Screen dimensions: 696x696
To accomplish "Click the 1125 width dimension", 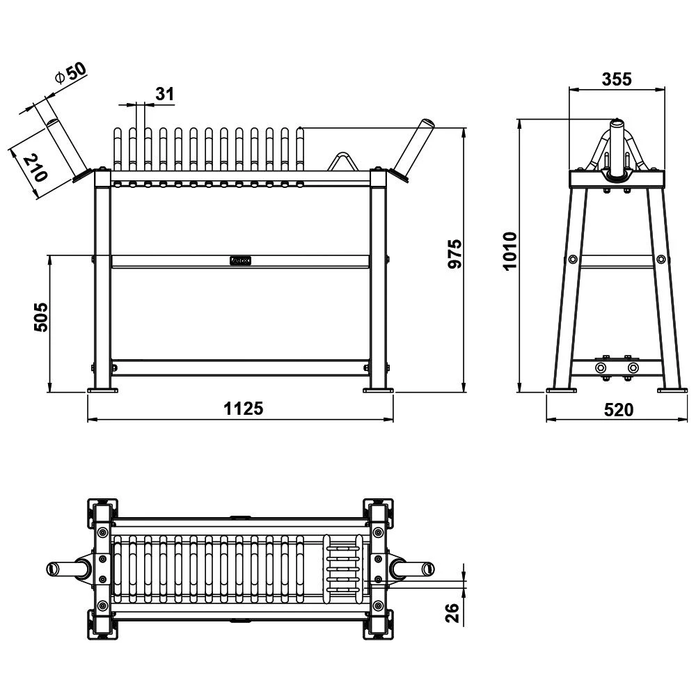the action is tap(243, 409).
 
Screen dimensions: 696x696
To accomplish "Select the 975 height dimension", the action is tap(455, 254).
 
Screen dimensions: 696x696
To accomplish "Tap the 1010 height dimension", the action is tap(510, 251).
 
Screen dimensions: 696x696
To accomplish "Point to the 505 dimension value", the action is tap(41, 317).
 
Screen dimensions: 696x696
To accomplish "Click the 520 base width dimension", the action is tap(619, 410).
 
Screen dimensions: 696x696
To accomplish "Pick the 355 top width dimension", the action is tap(617, 79).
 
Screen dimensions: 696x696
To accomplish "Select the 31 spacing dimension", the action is tap(165, 94).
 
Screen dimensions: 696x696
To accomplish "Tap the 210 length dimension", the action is tap(35, 167).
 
